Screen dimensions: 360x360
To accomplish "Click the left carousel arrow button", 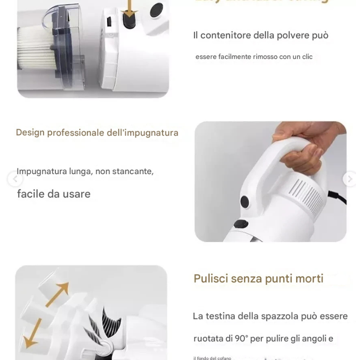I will [14, 180].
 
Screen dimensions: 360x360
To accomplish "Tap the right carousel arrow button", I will [349, 179].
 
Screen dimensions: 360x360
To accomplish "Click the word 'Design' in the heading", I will [30, 133].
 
